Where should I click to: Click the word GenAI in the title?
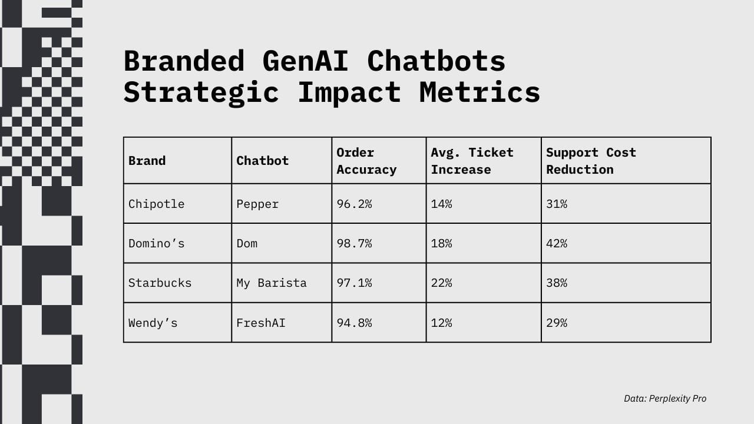[x=305, y=61]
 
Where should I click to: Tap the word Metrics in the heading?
[x=479, y=92]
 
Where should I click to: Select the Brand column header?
[x=147, y=161]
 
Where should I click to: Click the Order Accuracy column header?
[x=366, y=161]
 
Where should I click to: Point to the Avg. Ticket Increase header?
[x=472, y=161]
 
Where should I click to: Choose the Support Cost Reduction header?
[x=591, y=161]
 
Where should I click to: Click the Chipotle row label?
[x=157, y=204]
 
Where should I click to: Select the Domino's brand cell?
[x=157, y=243]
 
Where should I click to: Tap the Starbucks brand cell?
[x=160, y=283]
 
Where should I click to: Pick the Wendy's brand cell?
[x=153, y=323]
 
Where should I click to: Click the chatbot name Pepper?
[x=257, y=204]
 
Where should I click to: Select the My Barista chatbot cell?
[x=272, y=283]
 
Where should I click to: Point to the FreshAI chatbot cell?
[x=261, y=323]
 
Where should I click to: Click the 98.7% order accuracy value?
[x=354, y=243]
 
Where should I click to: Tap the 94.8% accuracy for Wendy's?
[x=354, y=323]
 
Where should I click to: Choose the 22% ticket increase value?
[x=442, y=283]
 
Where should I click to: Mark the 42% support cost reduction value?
[x=557, y=243]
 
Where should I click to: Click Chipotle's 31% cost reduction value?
[x=557, y=204]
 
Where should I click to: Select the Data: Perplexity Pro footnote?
[x=665, y=399]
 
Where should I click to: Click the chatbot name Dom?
[x=247, y=243]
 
